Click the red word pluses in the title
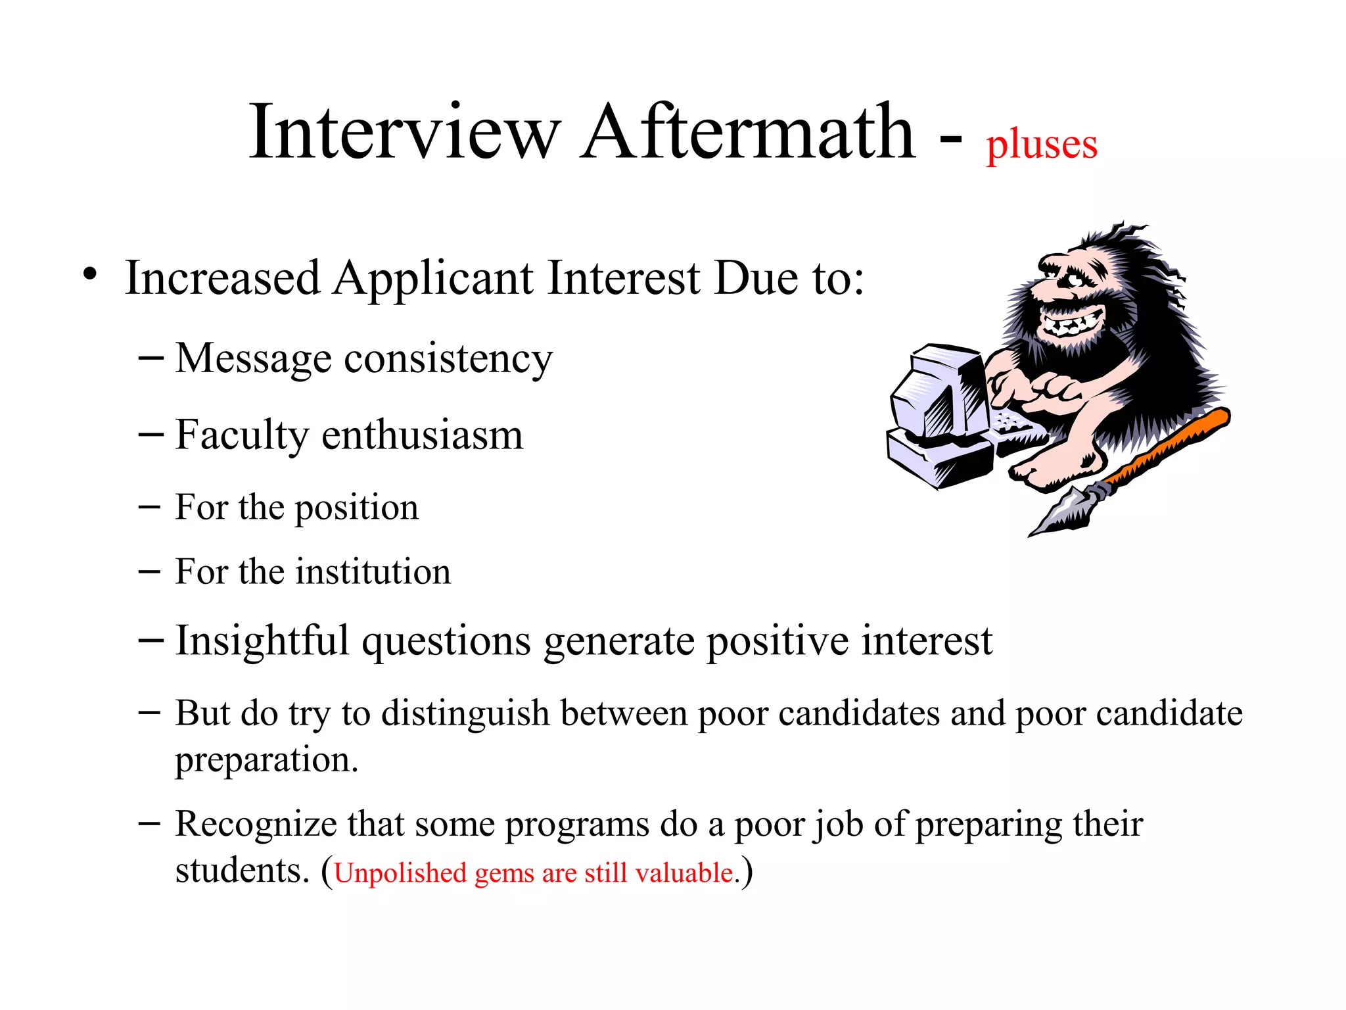coord(1041,146)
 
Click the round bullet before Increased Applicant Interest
coord(91,275)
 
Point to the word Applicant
coord(433,279)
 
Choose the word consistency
coord(448,360)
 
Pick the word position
coord(356,508)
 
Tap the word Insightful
coord(262,641)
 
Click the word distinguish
coord(465,714)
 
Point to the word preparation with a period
coord(266,761)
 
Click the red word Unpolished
coord(400,874)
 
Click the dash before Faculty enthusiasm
coord(151,435)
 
